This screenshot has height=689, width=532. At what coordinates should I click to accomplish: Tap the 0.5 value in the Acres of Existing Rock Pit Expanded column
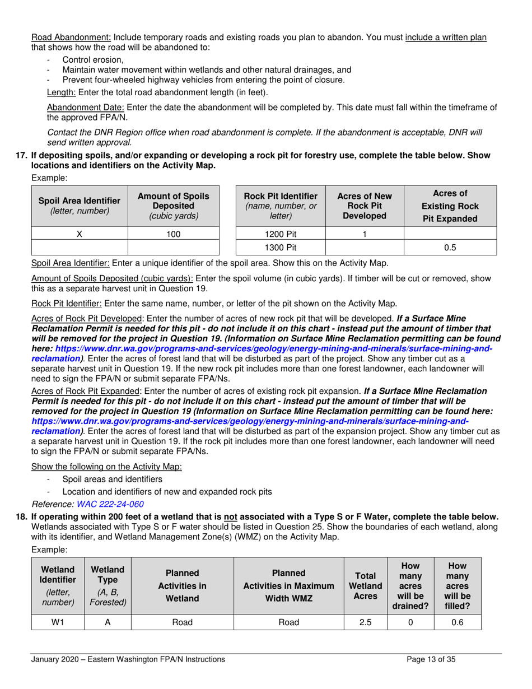pyautogui.click(x=450, y=248)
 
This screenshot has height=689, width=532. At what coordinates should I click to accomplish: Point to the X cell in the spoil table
pyautogui.click(x=79, y=235)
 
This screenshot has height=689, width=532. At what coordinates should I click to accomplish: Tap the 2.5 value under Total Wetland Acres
pyautogui.click(x=365, y=621)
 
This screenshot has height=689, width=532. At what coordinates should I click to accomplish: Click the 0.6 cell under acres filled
pyautogui.click(x=458, y=621)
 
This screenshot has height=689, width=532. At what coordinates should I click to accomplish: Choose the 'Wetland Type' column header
pyautogui.click(x=108, y=585)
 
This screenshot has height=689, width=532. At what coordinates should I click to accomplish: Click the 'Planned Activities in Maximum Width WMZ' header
pyautogui.click(x=287, y=585)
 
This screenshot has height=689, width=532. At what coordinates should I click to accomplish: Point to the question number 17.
pyautogui.click(x=35, y=155)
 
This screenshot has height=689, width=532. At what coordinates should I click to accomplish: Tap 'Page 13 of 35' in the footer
pyautogui.click(x=431, y=659)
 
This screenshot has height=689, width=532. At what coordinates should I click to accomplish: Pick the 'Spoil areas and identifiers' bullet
pyautogui.click(x=113, y=479)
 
